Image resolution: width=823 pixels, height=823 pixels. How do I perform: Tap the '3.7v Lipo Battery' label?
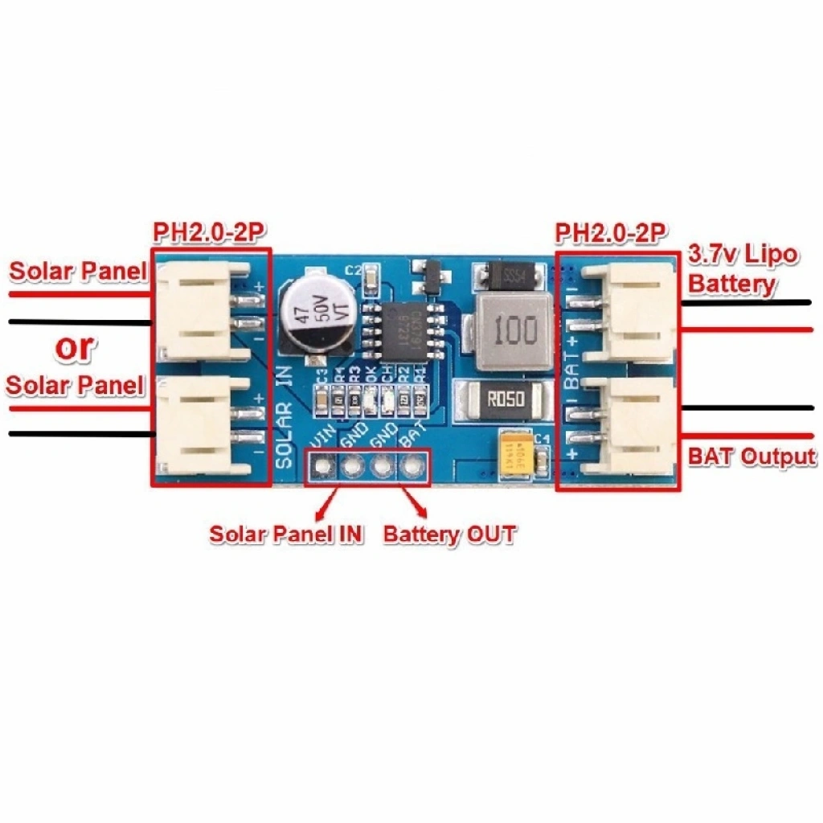(x=743, y=270)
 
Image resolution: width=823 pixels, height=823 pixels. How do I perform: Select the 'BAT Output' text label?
(x=751, y=457)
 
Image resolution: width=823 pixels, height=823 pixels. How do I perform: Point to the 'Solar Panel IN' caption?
(x=286, y=534)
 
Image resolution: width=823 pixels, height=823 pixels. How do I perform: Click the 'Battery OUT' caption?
(x=449, y=534)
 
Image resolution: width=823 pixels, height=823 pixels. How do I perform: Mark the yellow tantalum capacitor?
(x=516, y=455)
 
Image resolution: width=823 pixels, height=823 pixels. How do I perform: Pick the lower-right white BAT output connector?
(x=635, y=426)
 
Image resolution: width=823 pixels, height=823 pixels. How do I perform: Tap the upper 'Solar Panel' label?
(x=78, y=272)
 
